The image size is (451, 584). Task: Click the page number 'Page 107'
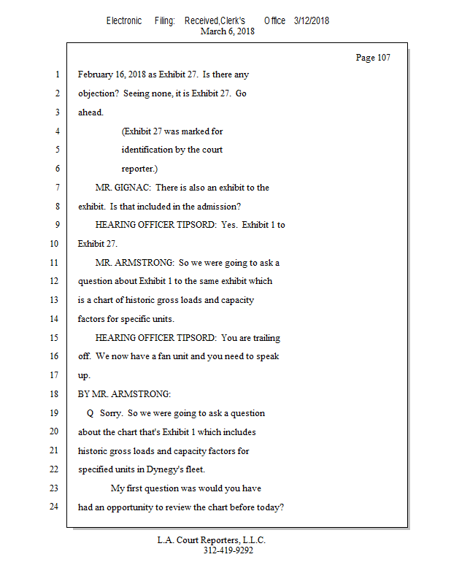point(373,58)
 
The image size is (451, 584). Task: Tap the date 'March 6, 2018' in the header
point(227,31)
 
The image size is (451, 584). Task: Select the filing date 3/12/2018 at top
point(312,20)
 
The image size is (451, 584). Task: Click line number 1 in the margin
point(56,74)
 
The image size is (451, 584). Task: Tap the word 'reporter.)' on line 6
point(140,169)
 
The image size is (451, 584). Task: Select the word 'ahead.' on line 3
point(91,112)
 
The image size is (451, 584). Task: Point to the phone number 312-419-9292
point(228,551)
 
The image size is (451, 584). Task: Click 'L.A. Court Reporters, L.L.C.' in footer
point(212,540)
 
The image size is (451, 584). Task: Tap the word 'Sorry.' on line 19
point(111,413)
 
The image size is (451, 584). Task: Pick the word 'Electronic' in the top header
point(124,20)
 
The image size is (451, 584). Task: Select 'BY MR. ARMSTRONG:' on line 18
point(124,394)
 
